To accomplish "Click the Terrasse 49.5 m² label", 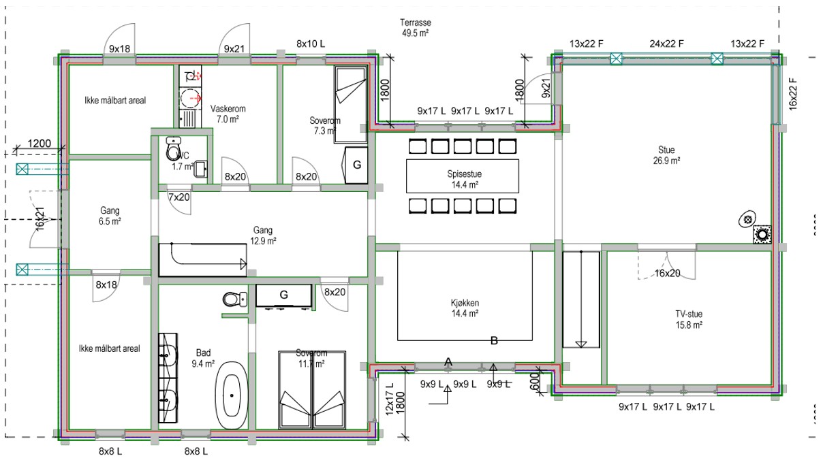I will click(415, 27).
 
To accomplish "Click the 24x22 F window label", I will click(666, 44).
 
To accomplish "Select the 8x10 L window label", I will click(311, 44).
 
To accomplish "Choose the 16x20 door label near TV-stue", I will click(668, 274).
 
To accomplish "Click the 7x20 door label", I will click(179, 197).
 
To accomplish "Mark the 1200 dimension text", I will click(40, 143).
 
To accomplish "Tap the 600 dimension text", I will click(535, 378).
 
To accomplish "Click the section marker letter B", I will click(495, 341).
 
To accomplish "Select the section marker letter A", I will click(448, 362).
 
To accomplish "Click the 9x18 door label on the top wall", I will click(119, 49).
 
